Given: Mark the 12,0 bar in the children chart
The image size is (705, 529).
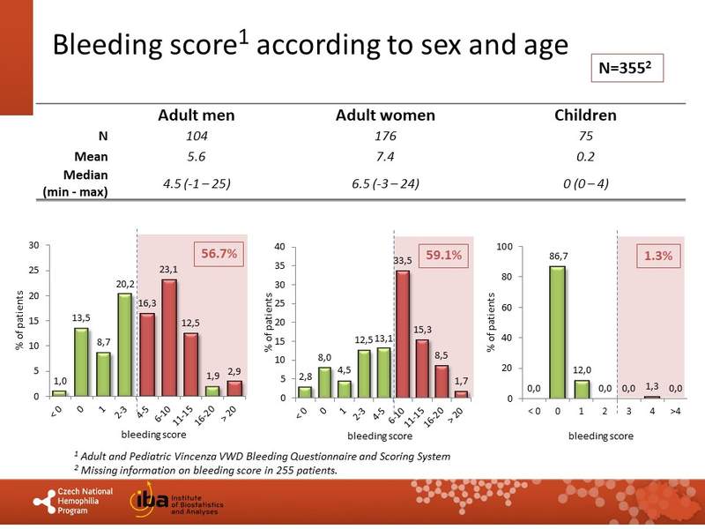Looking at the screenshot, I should coord(581,388).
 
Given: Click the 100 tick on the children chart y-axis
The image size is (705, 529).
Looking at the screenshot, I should coord(505,246).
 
